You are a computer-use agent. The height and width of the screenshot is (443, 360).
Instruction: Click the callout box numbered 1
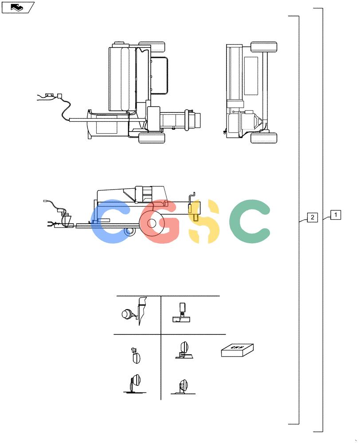click(x=336, y=215)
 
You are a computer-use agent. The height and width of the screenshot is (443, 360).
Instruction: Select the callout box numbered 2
click(x=312, y=217)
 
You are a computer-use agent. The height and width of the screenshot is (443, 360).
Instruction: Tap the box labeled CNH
click(x=237, y=350)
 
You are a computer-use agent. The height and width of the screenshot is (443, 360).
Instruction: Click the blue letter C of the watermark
click(x=110, y=221)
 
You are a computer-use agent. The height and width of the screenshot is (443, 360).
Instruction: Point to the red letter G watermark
click(x=160, y=221)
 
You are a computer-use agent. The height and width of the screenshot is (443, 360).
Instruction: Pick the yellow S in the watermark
click(x=203, y=221)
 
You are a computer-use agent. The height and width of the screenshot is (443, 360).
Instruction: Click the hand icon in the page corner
click(x=18, y=8)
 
